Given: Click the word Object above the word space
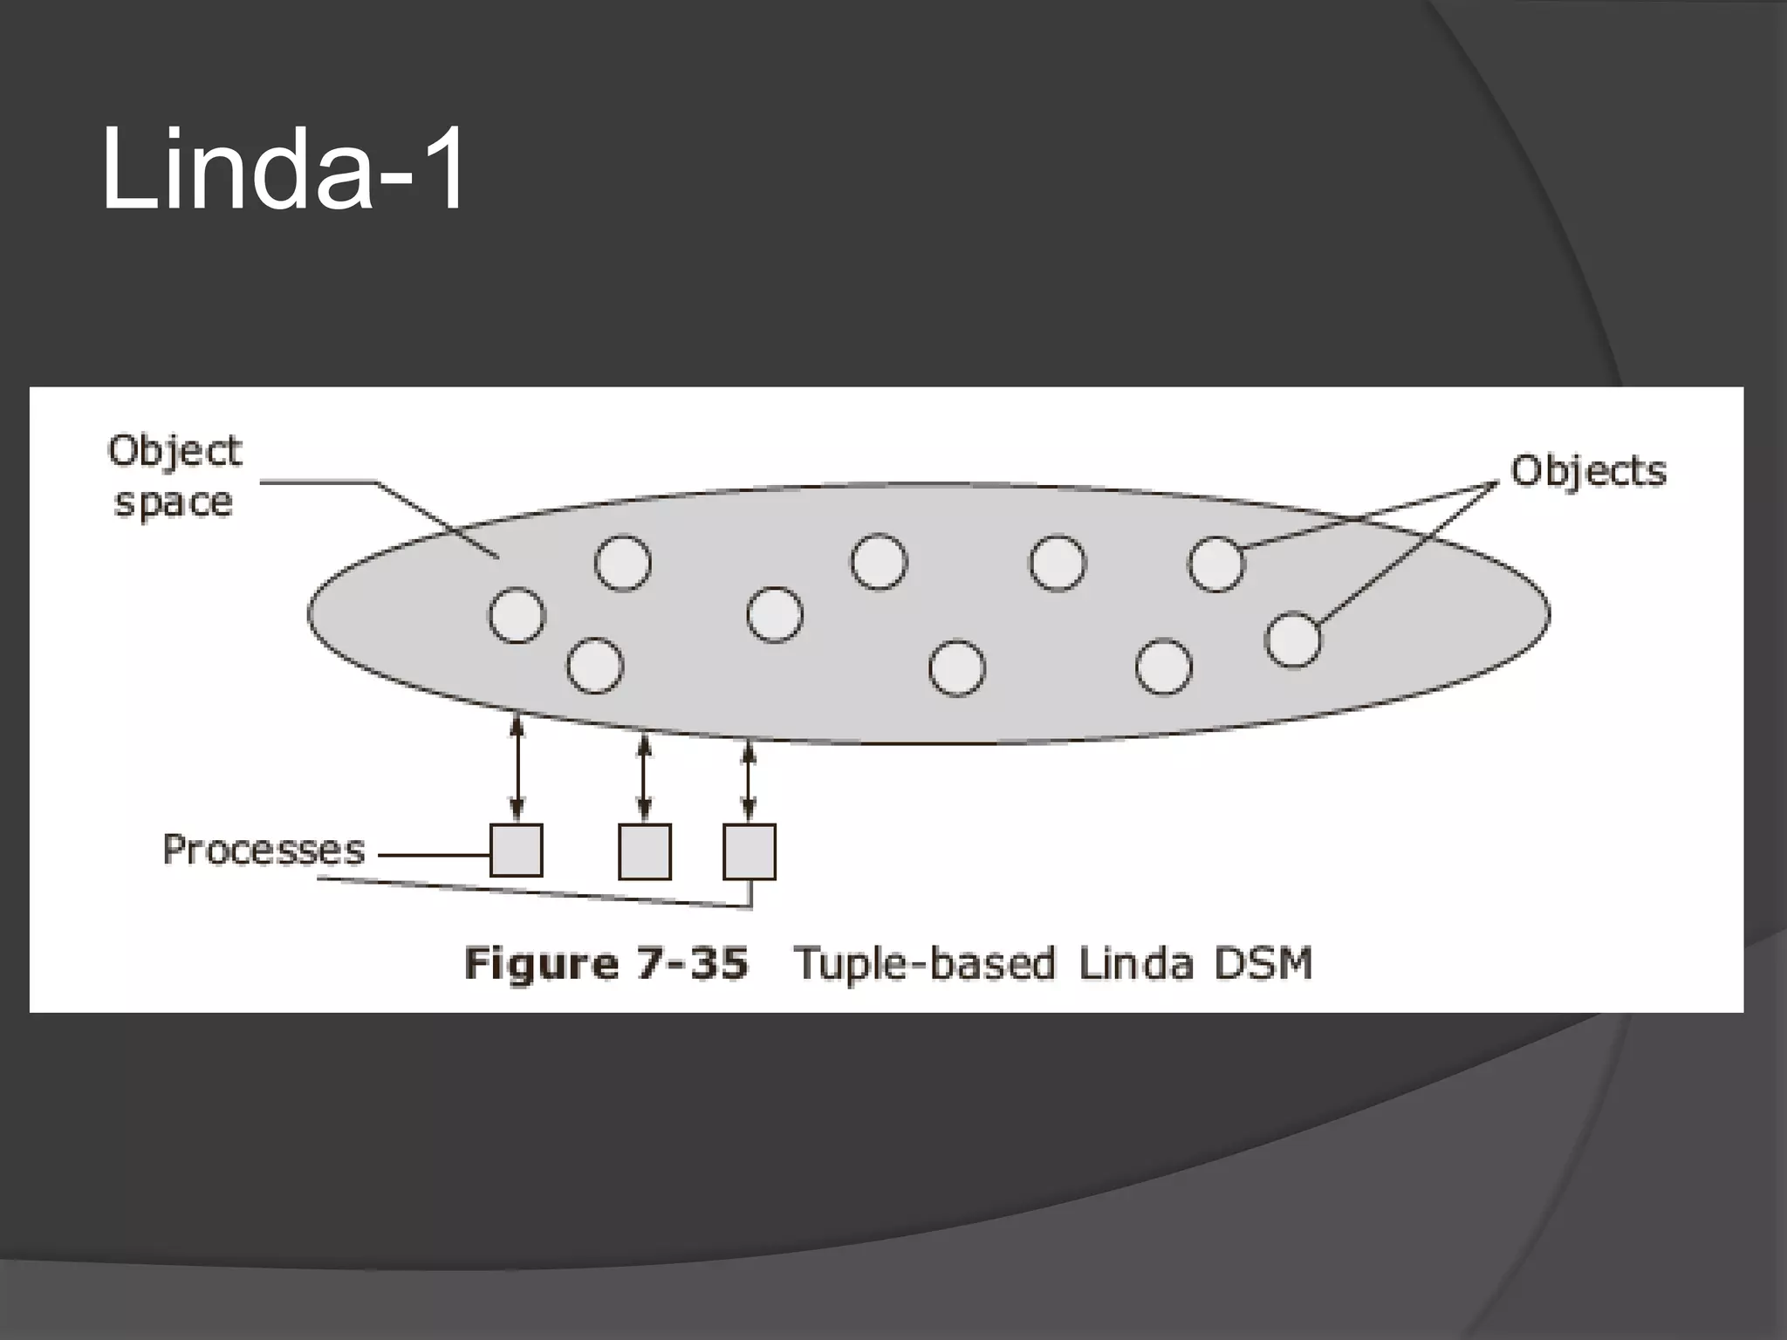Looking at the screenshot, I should [175, 452].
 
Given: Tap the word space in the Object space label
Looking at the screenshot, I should [174, 503].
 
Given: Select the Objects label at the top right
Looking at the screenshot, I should [1588, 472].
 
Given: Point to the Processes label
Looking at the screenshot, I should [264, 851].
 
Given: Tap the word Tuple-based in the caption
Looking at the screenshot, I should [924, 965].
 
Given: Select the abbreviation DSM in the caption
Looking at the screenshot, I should [1264, 964].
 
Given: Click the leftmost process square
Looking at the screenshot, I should [517, 851].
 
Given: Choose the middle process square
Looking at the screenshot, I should [645, 851].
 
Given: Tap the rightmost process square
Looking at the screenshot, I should [750, 851].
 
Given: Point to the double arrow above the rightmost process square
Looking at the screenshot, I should [749, 782].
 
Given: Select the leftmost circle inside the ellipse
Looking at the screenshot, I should [517, 615].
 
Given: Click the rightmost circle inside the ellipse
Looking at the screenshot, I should [1293, 639].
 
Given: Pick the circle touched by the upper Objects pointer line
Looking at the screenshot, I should [1216, 564].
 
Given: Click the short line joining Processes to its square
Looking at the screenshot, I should [434, 855].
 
